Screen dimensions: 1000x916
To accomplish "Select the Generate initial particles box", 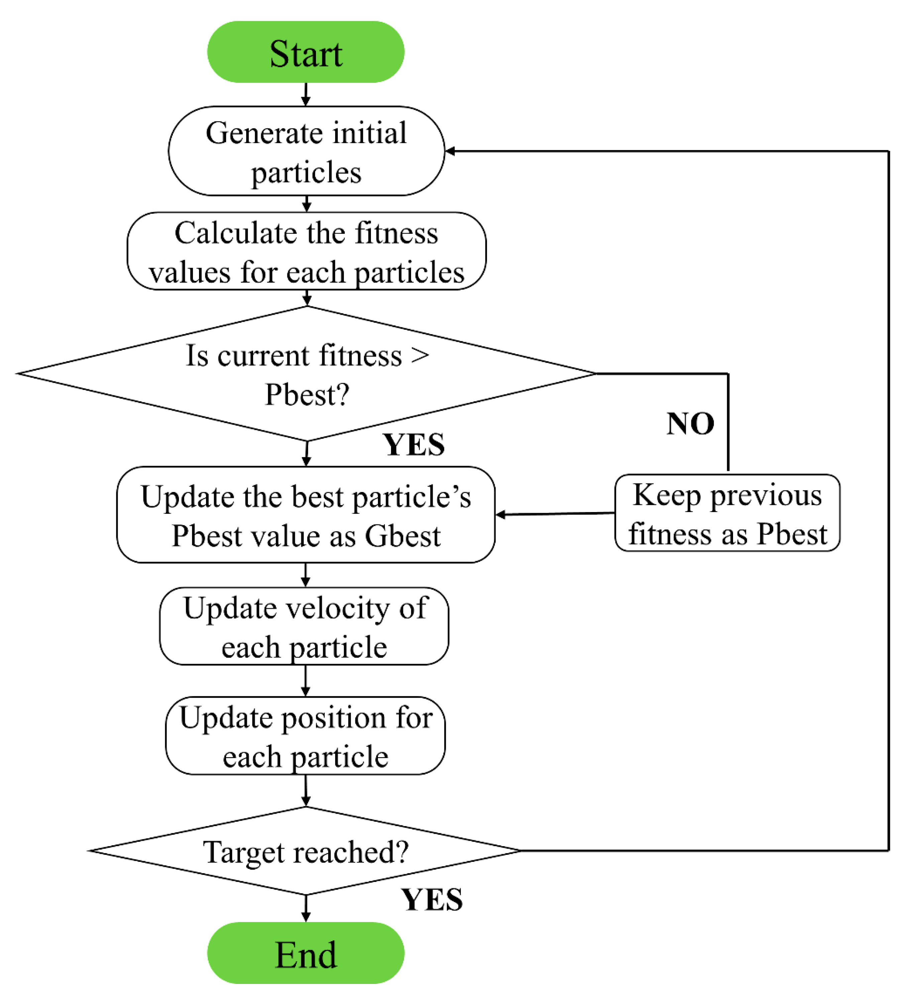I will point(306,151).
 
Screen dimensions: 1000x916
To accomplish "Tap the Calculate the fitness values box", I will point(306,252).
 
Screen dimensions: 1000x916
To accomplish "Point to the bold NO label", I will point(690,424).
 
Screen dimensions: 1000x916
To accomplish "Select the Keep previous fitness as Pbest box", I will point(727,513).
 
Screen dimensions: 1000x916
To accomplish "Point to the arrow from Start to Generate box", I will point(306,95).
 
